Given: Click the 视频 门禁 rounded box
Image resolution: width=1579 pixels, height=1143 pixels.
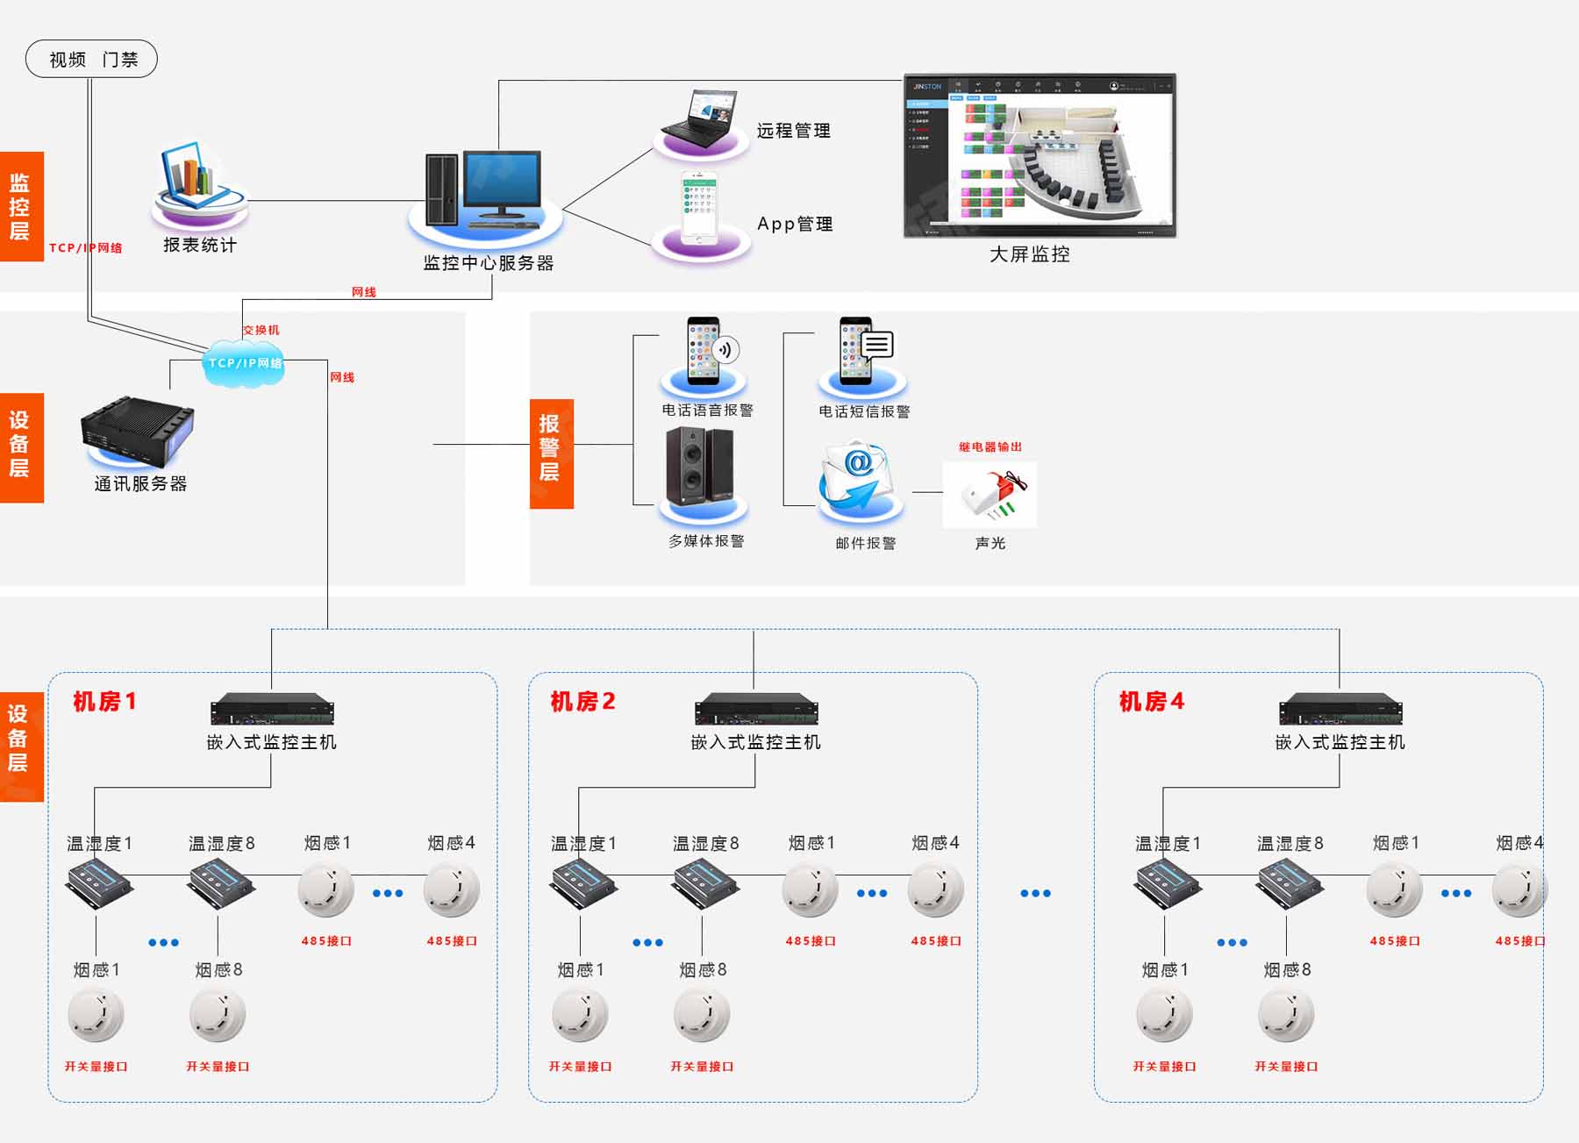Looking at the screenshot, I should pyautogui.click(x=91, y=59).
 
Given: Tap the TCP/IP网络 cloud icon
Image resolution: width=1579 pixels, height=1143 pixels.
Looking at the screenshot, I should pyautogui.click(x=244, y=362).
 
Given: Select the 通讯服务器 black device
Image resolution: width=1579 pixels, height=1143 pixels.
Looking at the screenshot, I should pyautogui.click(x=137, y=432).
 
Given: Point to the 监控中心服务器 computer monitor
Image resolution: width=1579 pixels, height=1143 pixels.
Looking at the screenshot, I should pyautogui.click(x=501, y=184).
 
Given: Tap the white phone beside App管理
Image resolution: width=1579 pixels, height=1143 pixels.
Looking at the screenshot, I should pyautogui.click(x=699, y=207).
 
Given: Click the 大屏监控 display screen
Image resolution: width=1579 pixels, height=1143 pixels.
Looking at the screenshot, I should pyautogui.click(x=1040, y=155).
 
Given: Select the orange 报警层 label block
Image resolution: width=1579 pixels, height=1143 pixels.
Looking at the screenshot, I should pyautogui.click(x=551, y=454).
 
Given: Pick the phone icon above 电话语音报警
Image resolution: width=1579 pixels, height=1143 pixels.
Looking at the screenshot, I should pyautogui.click(x=704, y=351).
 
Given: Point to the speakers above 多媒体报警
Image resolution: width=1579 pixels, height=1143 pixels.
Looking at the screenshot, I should pyautogui.click(x=699, y=466).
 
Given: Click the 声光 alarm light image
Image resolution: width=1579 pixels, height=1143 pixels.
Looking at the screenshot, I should pyautogui.click(x=990, y=495).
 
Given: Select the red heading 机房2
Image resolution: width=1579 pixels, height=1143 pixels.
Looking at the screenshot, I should pyautogui.click(x=582, y=702).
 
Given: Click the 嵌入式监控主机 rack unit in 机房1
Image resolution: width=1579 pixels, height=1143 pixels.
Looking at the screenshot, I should pyautogui.click(x=272, y=710).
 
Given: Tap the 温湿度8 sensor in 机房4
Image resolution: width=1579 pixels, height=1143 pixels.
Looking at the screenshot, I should pyautogui.click(x=1290, y=881).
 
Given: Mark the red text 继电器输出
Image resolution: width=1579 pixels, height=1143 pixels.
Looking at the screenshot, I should pyautogui.click(x=990, y=446).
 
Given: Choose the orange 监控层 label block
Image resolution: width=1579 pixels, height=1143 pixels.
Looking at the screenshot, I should pyautogui.click(x=21, y=207).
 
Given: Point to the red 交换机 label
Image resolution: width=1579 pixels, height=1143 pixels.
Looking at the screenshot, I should pyautogui.click(x=261, y=330).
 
